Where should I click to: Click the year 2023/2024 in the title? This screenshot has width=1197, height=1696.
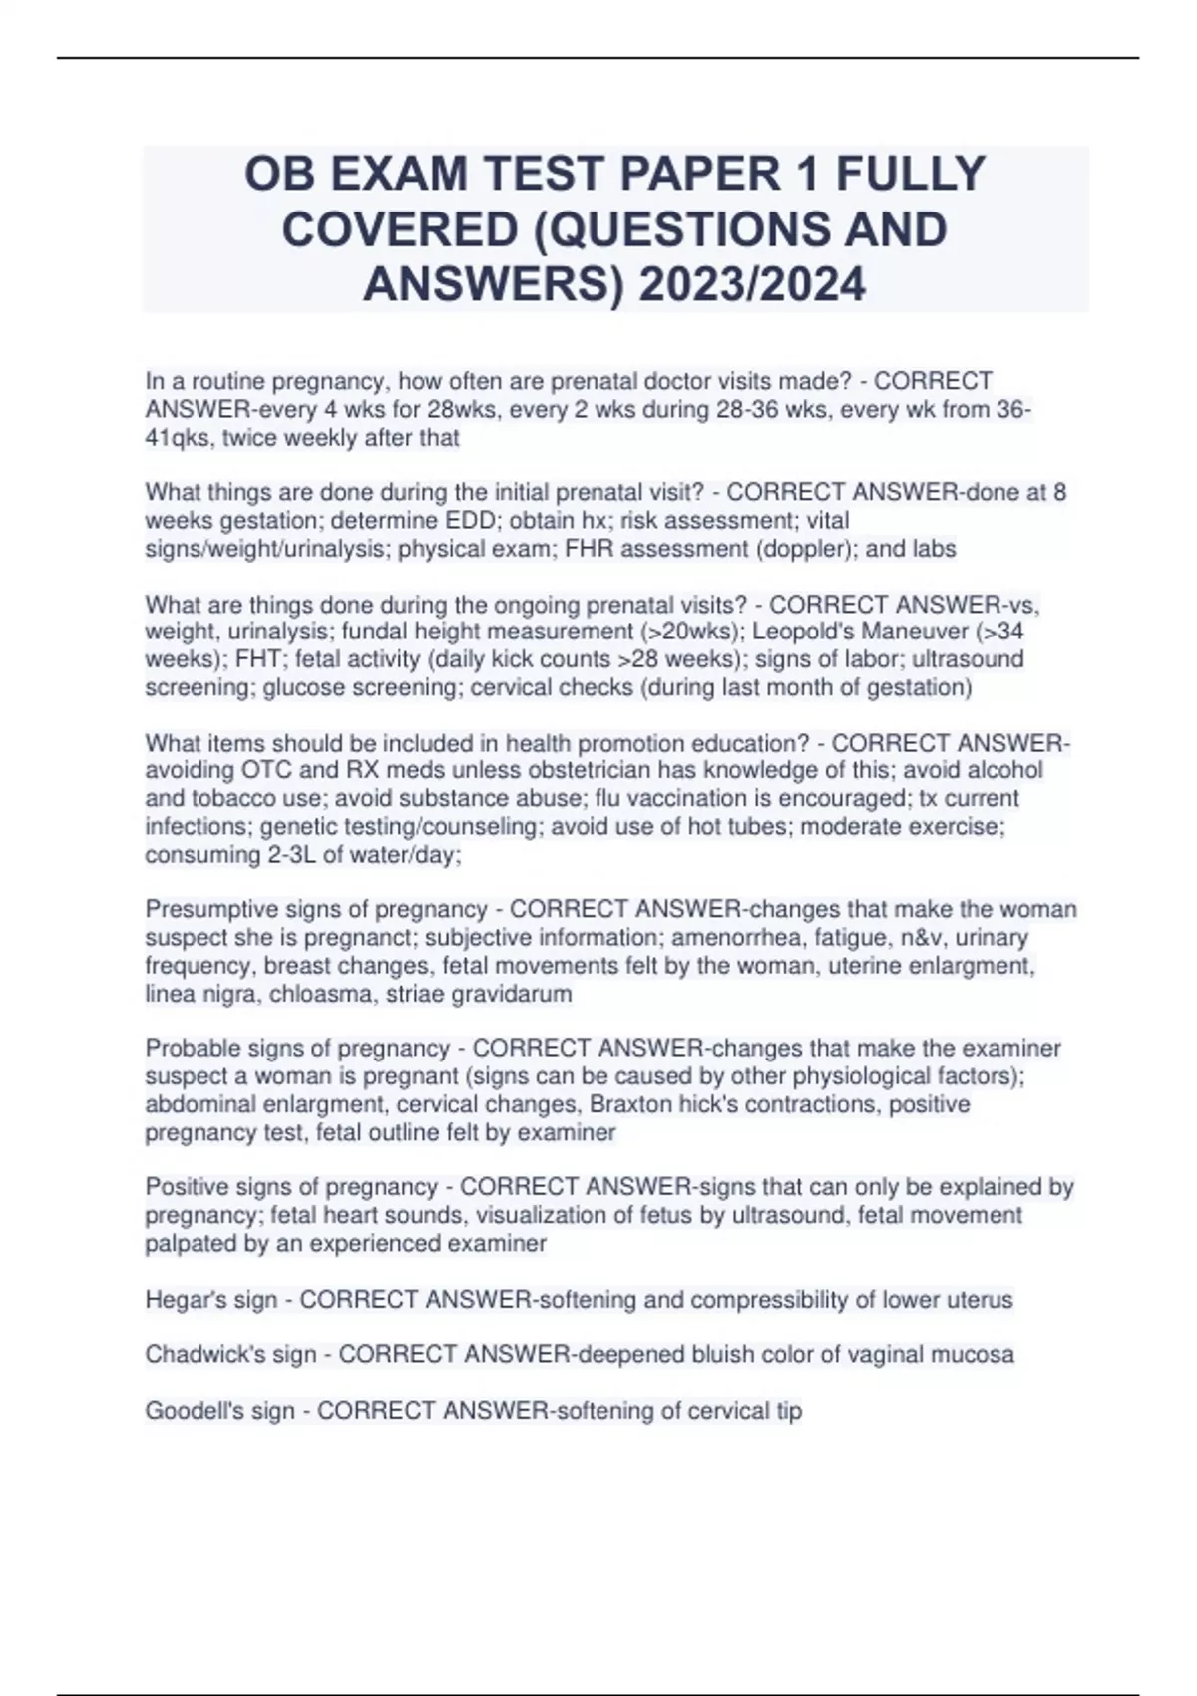753,285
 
